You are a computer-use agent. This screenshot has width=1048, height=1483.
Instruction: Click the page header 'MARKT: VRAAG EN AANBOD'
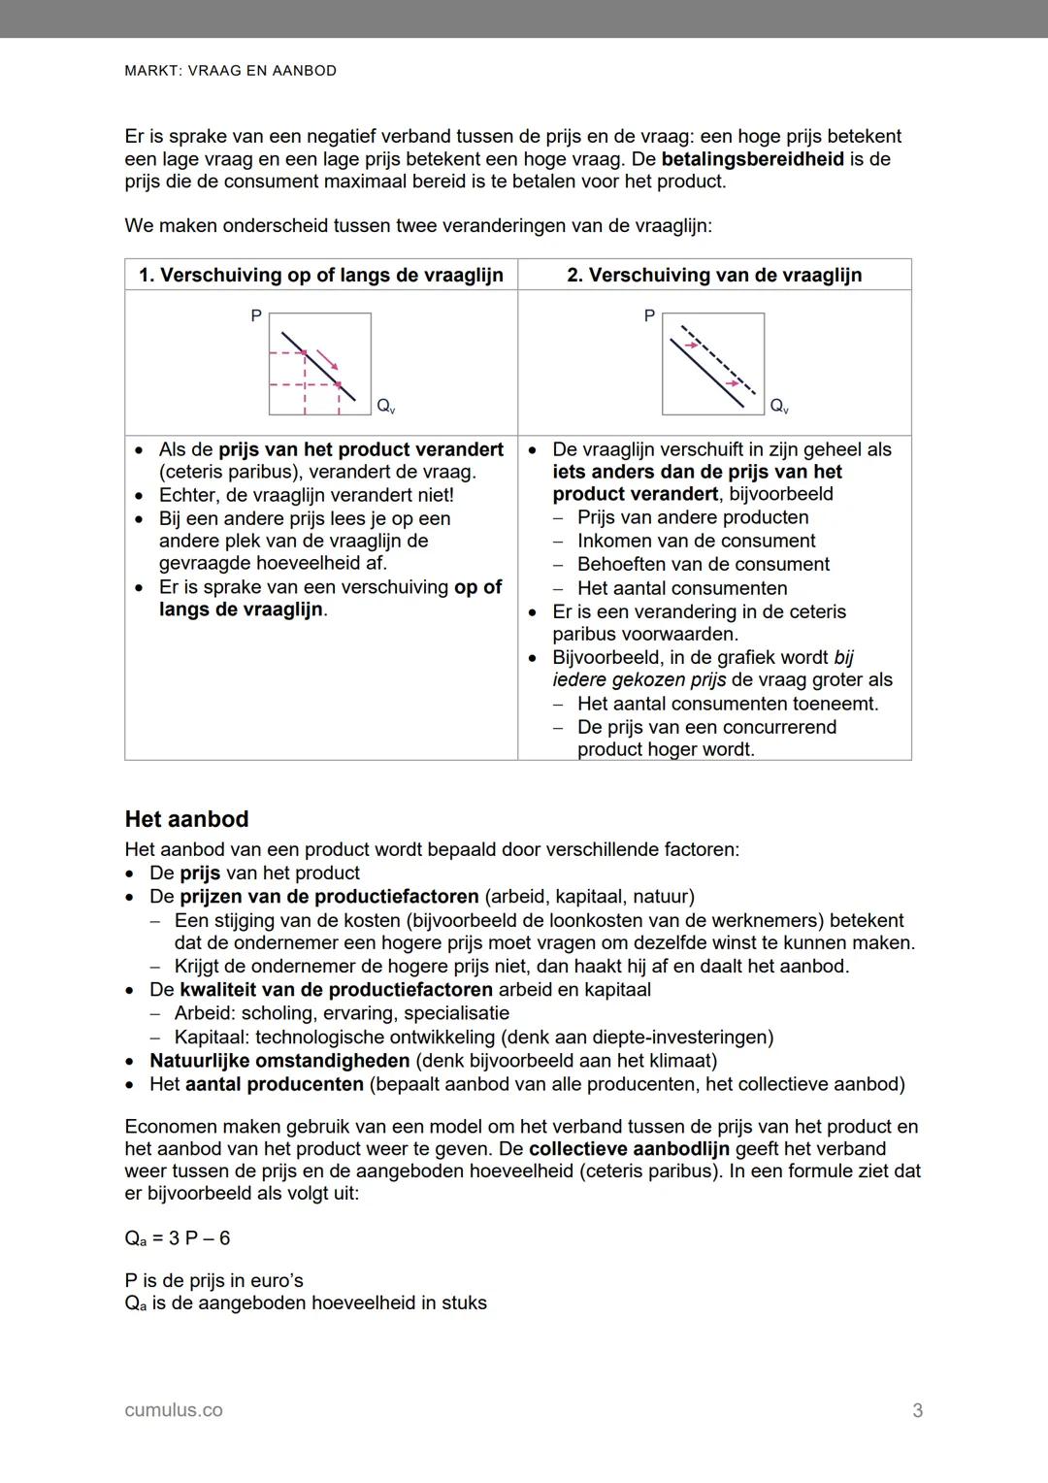pyautogui.click(x=231, y=71)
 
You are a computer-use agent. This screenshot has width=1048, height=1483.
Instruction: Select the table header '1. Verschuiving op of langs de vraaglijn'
pyautogui.click(x=321, y=275)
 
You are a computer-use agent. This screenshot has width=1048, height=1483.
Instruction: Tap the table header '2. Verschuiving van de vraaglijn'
pyautogui.click(x=714, y=275)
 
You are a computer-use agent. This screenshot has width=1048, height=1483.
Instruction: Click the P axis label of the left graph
pyautogui.click(x=256, y=316)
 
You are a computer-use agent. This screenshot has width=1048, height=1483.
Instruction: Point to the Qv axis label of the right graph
pyautogui.click(x=779, y=406)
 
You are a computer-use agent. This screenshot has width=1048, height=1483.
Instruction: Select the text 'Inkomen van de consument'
pyautogui.click(x=696, y=541)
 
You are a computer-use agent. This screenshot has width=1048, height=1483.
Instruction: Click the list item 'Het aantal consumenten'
pyautogui.click(x=682, y=588)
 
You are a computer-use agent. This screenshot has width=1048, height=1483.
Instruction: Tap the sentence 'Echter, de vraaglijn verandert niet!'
pyautogui.click(x=306, y=495)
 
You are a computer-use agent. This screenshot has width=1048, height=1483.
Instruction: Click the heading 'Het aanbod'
pyautogui.click(x=186, y=819)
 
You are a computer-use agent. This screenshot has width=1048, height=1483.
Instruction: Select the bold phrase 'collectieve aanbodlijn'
pyautogui.click(x=629, y=1149)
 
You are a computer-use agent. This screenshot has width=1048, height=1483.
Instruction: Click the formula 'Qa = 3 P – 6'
pyautogui.click(x=178, y=1238)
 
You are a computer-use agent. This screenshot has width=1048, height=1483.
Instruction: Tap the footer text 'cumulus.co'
pyautogui.click(x=174, y=1410)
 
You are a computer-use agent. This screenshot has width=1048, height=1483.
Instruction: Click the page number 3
pyautogui.click(x=917, y=1411)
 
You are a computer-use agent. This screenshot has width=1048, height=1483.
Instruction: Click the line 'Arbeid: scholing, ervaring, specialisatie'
pyautogui.click(x=342, y=1013)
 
